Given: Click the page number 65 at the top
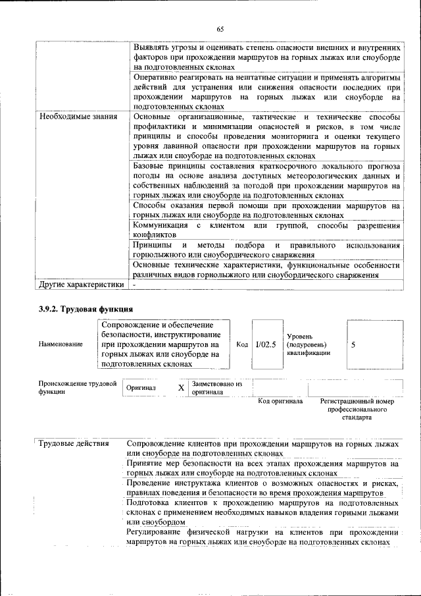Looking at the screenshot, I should tap(220, 28).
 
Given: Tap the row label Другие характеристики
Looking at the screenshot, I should tap(82, 285).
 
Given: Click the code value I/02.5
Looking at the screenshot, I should tap(266, 344).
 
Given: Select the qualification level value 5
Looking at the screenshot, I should tap(354, 344).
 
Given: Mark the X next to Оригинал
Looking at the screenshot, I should tap(181, 388).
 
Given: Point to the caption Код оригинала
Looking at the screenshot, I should tap(280, 401).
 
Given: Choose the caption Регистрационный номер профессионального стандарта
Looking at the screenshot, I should tap(357, 409).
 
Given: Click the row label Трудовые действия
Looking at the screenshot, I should tap(73, 443).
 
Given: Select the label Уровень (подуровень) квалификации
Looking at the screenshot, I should tap(305, 344).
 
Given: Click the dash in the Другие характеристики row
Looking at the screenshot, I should tap(134, 285).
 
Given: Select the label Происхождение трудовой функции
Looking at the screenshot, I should tap(77, 387).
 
